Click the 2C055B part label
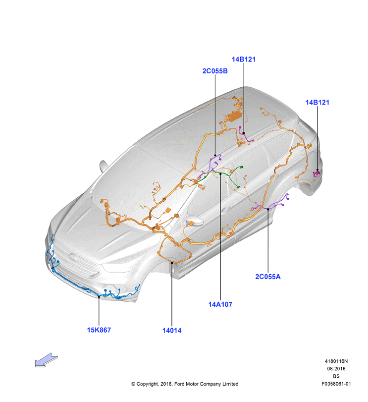point(215,71)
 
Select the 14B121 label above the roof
point(244,59)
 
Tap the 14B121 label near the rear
point(317,102)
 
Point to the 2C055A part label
point(268,277)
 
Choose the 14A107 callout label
point(220,304)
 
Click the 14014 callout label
point(172,331)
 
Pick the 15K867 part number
point(99,330)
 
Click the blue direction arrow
point(47,360)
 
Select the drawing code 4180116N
point(336,361)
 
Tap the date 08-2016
point(336,369)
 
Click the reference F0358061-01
point(336,384)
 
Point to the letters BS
point(336,376)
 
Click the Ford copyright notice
point(185,384)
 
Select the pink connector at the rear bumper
point(317,174)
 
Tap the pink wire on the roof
point(245,136)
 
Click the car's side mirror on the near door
point(195,221)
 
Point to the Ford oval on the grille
point(73,257)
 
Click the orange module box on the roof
point(234,116)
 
